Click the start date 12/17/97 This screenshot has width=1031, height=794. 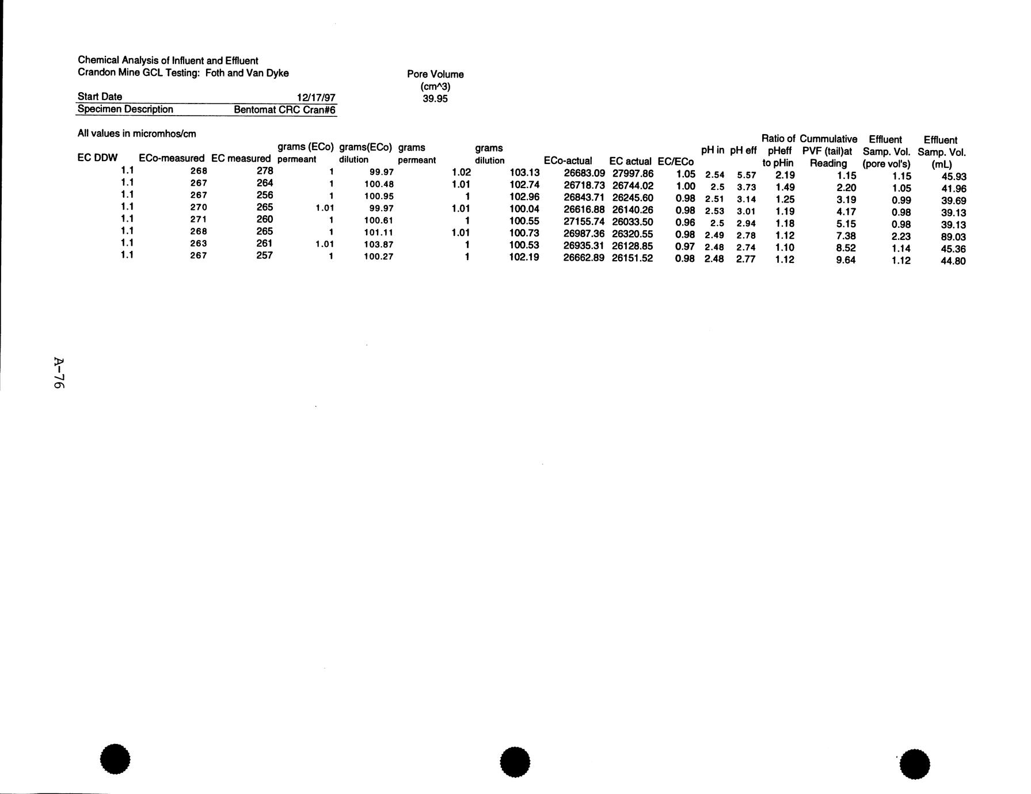point(316,97)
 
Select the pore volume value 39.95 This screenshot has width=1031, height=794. point(435,98)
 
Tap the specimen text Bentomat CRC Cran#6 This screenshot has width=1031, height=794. point(284,110)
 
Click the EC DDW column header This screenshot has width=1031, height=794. point(97,158)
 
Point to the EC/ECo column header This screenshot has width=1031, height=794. point(675,162)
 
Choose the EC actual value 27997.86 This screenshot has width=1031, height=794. point(633,173)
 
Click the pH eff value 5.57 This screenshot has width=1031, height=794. point(746,174)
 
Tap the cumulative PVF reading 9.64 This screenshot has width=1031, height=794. point(846,260)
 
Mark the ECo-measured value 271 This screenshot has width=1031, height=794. point(199,219)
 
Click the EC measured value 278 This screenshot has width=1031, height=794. point(264,171)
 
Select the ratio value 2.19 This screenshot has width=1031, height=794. point(785,174)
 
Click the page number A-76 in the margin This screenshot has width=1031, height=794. point(58,373)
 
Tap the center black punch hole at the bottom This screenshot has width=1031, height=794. point(515,762)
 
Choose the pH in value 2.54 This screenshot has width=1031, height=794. point(714,174)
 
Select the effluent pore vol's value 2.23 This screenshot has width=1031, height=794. point(901,236)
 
